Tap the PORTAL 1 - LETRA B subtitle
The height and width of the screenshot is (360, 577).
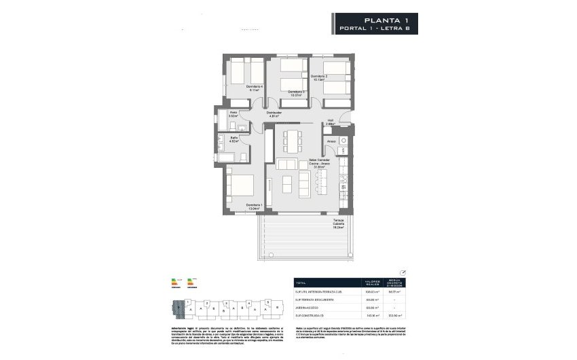375,29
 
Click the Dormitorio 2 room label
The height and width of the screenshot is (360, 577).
319,77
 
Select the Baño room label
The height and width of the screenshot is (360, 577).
233,139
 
